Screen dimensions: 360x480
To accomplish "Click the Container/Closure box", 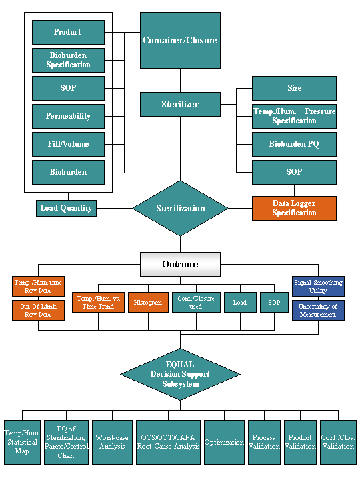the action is pyautogui.click(x=180, y=40).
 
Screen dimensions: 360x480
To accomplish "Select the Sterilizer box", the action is pyautogui.click(x=180, y=104).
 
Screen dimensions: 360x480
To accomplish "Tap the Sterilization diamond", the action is pyautogui.click(x=180, y=208).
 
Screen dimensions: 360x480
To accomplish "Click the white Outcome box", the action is pyautogui.click(x=180, y=264).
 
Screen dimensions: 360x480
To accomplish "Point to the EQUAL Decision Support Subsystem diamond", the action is pyautogui.click(x=180, y=374).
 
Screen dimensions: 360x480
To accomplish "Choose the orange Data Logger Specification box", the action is pyautogui.click(x=294, y=208).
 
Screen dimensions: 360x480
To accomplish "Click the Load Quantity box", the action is pyautogui.click(x=66, y=208).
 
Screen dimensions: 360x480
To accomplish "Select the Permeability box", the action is pyautogui.click(x=68, y=116).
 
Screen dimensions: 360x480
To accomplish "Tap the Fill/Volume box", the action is pyautogui.click(x=68, y=144).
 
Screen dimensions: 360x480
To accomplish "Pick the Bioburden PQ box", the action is pyautogui.click(x=294, y=144).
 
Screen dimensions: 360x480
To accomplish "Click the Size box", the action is pyautogui.click(x=294, y=88).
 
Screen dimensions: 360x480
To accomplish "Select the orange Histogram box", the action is pyautogui.click(x=148, y=302).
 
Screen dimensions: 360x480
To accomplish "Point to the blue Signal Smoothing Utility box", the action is pyautogui.click(x=318, y=286).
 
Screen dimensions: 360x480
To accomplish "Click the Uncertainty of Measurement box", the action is pyautogui.click(x=318, y=310).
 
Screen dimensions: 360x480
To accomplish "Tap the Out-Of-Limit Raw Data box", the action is pyautogui.click(x=38, y=310).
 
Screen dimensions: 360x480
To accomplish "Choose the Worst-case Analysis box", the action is pyautogui.click(x=113, y=442).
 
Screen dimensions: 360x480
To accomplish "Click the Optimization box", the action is pyautogui.click(x=224, y=442).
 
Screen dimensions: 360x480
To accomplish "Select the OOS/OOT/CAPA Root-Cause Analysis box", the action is pyautogui.click(x=168, y=442).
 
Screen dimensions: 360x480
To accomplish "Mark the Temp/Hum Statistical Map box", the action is pyautogui.click(x=22, y=442).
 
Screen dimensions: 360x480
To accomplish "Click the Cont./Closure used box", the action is pyautogui.click(x=196, y=302).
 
